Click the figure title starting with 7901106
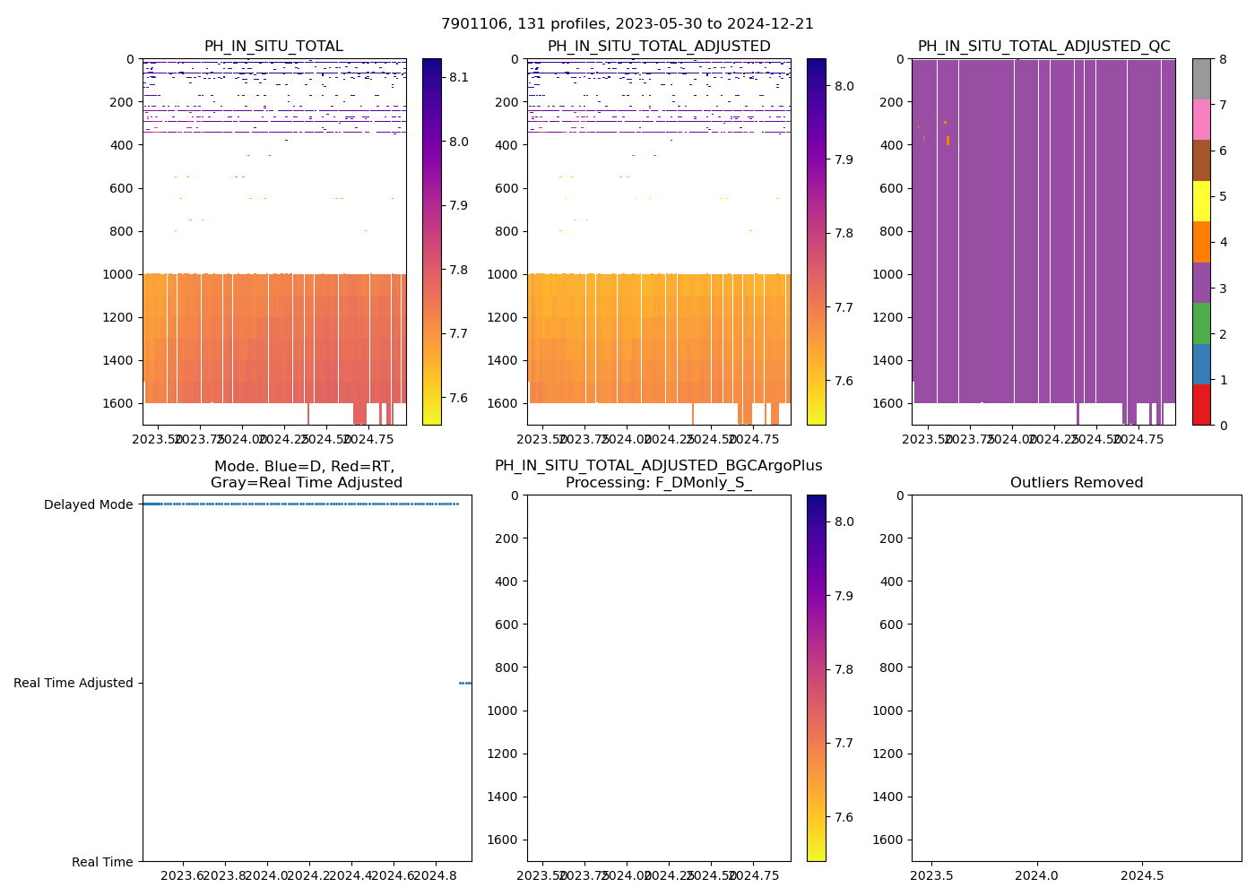[627, 24]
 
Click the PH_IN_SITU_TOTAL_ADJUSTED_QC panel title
[1043, 47]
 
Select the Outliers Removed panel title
[1077, 483]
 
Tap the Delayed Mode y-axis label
[89, 505]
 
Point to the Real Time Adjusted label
[74, 684]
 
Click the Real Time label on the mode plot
[102, 862]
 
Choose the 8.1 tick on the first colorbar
[459, 78]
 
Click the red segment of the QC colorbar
[1201, 405]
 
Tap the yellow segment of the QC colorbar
[1201, 201]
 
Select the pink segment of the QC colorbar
[1201, 119]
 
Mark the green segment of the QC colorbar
[1201, 323]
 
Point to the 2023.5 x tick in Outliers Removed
[933, 875]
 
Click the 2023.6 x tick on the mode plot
[183, 875]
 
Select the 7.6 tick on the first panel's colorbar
[459, 398]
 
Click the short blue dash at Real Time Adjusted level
[465, 684]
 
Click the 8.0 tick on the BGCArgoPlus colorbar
[844, 521]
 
